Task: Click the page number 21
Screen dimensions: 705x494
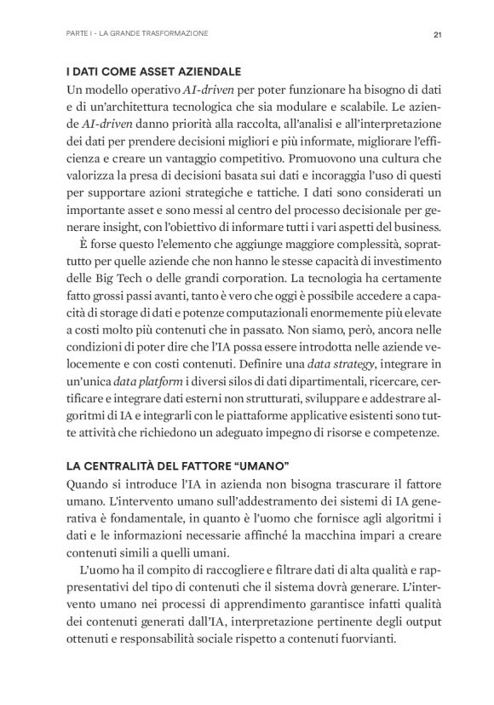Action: [435, 34]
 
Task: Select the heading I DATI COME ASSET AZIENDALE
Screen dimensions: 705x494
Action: [153, 71]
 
